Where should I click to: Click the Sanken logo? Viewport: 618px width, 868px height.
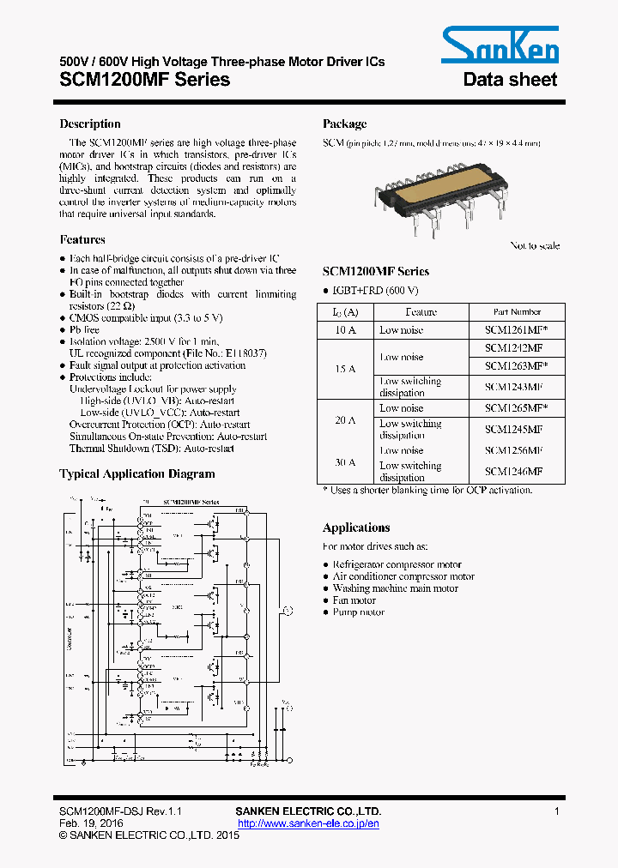[x=500, y=44]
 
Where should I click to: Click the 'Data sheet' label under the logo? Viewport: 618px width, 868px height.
[x=510, y=80]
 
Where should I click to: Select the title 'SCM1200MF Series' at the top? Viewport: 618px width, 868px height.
[x=144, y=80]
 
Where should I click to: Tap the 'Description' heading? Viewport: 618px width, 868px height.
[x=89, y=124]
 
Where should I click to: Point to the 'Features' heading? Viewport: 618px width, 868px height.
[x=82, y=240]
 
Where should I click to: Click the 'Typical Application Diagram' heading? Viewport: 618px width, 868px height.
[x=136, y=473]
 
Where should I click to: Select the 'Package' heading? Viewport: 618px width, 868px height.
[x=344, y=124]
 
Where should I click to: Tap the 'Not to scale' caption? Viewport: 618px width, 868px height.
[x=535, y=246]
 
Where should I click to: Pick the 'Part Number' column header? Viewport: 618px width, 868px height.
[x=517, y=312]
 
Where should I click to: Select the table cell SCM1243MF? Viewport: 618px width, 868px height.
[x=513, y=387]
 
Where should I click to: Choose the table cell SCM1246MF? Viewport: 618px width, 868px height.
[x=513, y=471]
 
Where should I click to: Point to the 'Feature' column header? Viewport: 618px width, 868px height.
[x=421, y=312]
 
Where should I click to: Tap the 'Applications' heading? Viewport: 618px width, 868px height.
[x=356, y=527]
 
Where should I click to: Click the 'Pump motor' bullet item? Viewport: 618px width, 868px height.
[x=358, y=612]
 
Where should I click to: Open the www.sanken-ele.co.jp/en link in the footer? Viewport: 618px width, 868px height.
[x=308, y=823]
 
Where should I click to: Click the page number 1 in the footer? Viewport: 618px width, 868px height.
[x=557, y=811]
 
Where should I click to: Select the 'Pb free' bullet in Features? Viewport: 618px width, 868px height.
[x=84, y=329]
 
